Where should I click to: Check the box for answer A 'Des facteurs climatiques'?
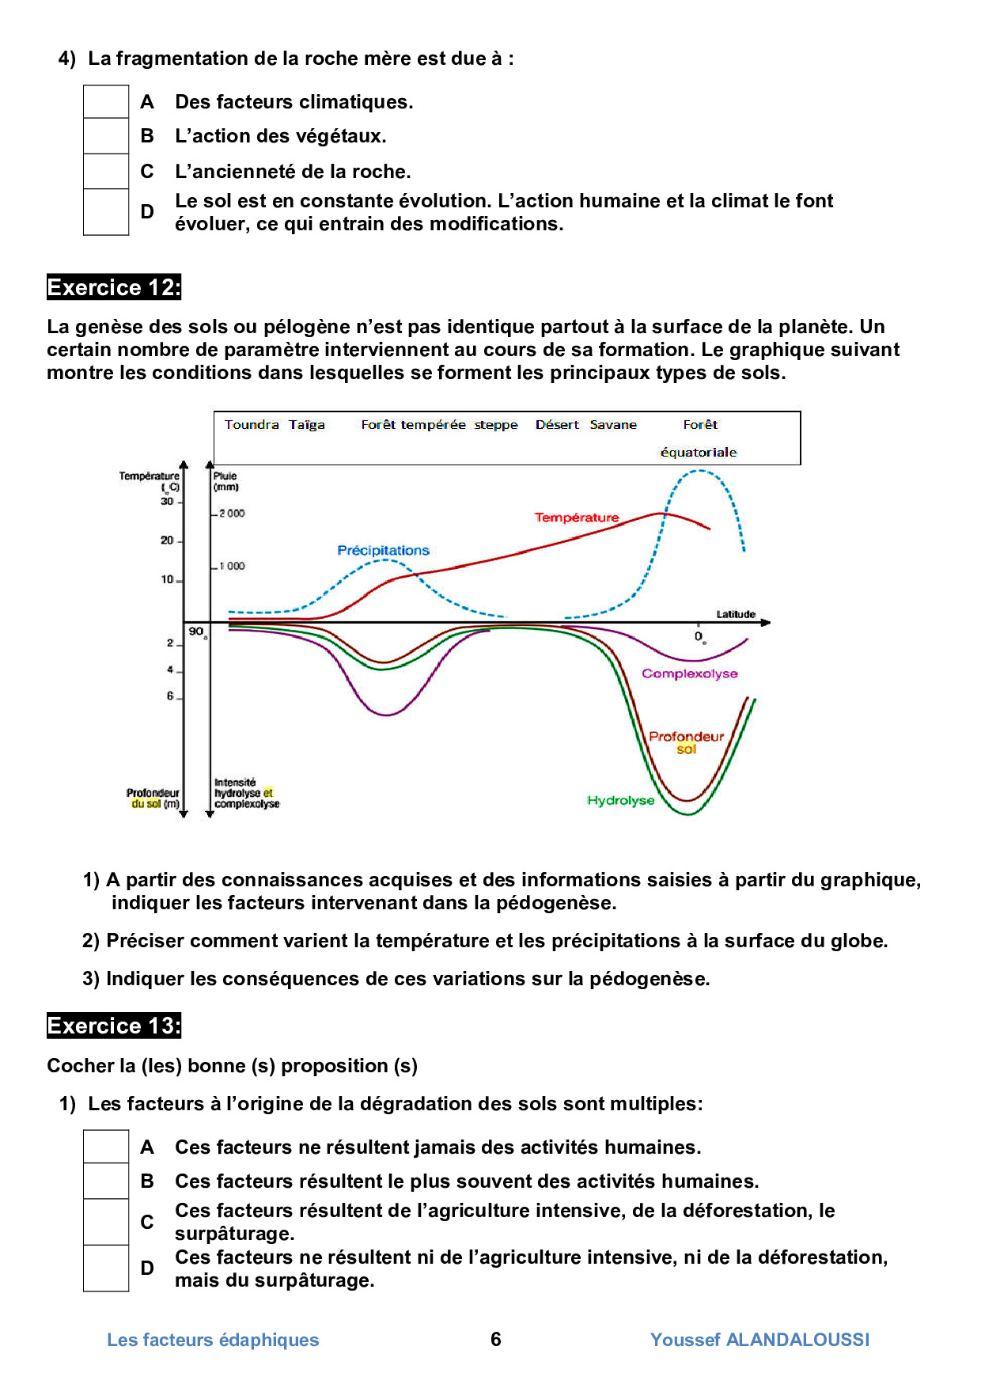point(106,102)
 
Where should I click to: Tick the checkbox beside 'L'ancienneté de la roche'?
point(106,171)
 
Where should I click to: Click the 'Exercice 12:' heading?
point(114,287)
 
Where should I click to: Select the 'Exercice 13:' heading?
point(114,1026)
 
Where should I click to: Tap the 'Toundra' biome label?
point(252,425)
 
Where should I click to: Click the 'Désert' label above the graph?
point(557,425)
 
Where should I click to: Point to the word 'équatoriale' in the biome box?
point(699,453)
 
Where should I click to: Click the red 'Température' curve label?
point(577,518)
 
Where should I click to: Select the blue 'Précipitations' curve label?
point(383,551)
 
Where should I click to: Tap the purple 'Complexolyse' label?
point(690,674)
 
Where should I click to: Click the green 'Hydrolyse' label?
point(621,801)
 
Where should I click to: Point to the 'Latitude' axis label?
point(736,614)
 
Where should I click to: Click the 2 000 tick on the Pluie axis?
point(232,514)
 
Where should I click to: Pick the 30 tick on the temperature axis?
point(167,502)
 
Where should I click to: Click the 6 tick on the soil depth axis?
point(169,696)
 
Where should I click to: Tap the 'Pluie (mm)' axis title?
point(225,481)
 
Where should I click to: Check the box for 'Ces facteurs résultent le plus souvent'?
point(106,1181)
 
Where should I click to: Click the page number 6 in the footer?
point(496,1339)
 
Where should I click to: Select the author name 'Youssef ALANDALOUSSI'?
point(759,1340)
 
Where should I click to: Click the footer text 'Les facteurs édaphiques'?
point(213,1340)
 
